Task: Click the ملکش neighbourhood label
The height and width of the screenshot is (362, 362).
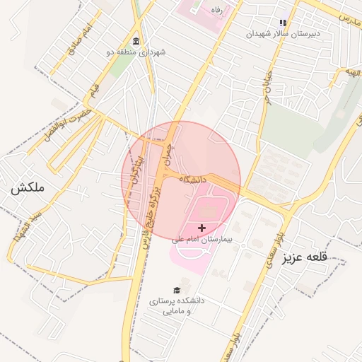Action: [28, 188]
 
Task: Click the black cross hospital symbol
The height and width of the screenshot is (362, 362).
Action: [203, 228]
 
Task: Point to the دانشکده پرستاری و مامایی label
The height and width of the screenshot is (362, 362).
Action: [176, 305]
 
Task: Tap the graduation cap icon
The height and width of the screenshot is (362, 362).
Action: [176, 290]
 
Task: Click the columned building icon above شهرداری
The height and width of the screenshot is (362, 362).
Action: [136, 40]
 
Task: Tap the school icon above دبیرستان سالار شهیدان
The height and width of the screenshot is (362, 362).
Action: [283, 22]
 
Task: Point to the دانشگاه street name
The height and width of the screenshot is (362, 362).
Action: [192, 180]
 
